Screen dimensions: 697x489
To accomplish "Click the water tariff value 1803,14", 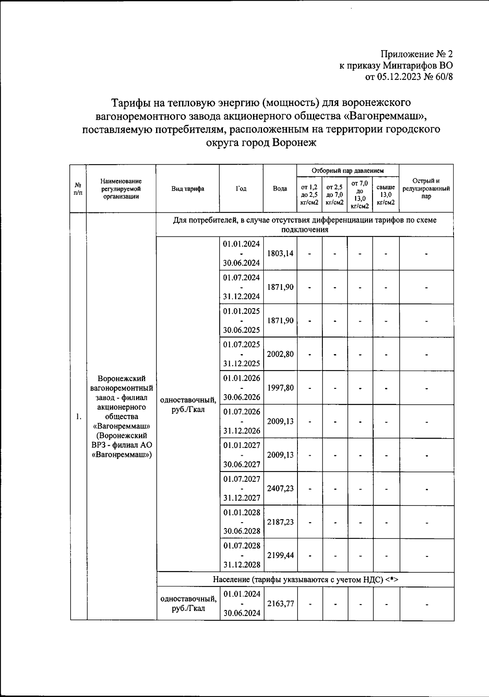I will click(x=280, y=253).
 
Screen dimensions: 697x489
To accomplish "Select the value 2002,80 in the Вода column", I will click(x=280, y=354).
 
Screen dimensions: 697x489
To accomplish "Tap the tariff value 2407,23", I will click(x=280, y=488).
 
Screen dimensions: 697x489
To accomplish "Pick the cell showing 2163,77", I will click(x=280, y=604).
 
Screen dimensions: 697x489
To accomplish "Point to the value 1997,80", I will click(x=280, y=388).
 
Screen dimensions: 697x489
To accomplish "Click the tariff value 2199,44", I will click(x=280, y=556).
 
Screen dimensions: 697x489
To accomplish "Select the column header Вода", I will click(x=280, y=189).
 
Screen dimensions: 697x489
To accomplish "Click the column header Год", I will click(x=241, y=189).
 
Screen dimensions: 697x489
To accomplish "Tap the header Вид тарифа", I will click(x=187, y=189).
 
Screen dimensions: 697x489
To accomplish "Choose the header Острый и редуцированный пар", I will click(x=426, y=188).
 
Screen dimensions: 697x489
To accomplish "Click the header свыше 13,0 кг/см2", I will click(x=385, y=194).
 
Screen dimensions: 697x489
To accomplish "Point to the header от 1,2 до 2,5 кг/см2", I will click(x=309, y=194).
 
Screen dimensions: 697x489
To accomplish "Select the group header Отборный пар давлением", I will click(x=348, y=171).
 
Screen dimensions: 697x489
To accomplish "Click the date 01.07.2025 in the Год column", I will click(x=241, y=344).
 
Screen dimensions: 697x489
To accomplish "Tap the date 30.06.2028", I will click(x=241, y=531).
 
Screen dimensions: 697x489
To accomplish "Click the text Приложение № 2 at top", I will click(x=416, y=54).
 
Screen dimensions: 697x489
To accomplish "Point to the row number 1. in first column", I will click(x=78, y=416).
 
